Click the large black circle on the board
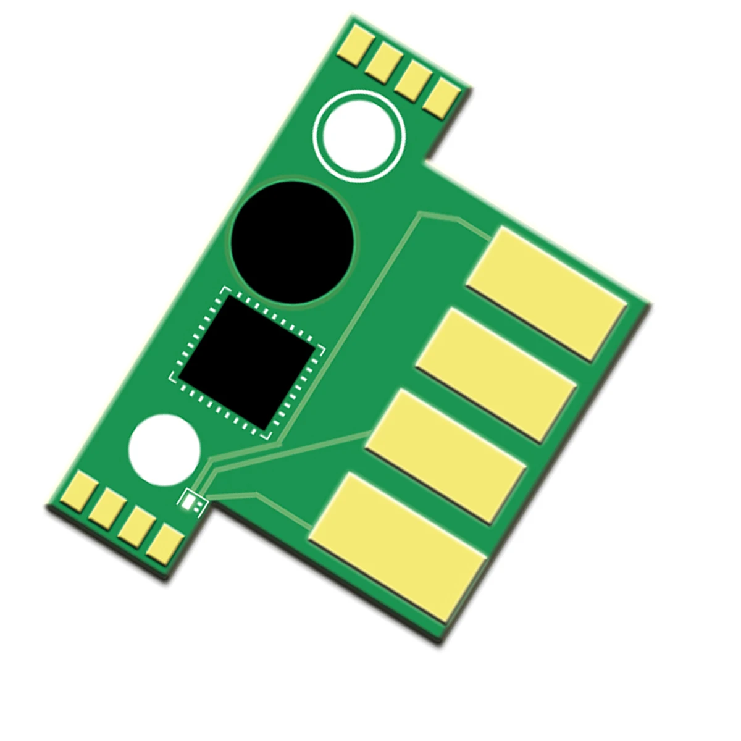[x=293, y=242]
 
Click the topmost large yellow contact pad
[x=546, y=292]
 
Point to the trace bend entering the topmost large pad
[x=460, y=219]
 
